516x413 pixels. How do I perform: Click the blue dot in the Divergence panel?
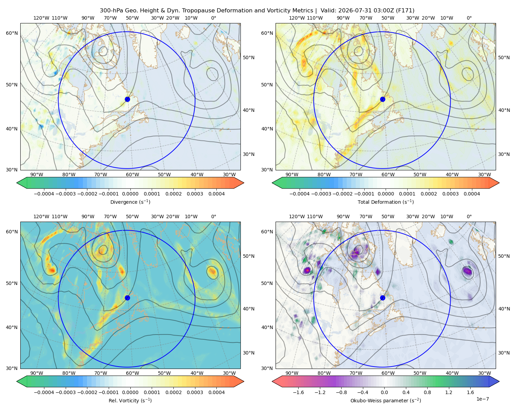click(x=127, y=99)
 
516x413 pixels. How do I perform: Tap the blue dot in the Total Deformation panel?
click(x=383, y=99)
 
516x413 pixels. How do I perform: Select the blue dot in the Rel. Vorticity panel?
click(x=127, y=298)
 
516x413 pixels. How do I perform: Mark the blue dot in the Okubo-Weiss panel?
click(x=383, y=298)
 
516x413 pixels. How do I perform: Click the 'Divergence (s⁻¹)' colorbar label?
click(x=130, y=202)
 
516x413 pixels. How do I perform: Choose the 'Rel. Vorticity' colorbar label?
click(x=123, y=401)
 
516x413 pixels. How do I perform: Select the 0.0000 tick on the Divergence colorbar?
click(x=130, y=194)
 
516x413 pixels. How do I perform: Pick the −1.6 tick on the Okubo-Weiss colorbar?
click(x=298, y=392)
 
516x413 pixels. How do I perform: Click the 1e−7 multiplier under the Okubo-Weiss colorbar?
click(x=482, y=399)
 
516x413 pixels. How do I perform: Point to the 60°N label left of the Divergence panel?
click(x=12, y=33)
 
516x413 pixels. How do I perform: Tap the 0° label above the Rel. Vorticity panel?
click(x=214, y=216)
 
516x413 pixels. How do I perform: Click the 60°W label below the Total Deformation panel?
click(x=388, y=174)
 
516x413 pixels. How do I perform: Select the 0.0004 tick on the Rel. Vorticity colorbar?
click(x=216, y=392)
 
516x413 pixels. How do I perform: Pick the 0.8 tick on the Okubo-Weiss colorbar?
click(x=427, y=392)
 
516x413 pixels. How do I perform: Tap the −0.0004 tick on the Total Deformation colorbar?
click(x=300, y=194)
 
